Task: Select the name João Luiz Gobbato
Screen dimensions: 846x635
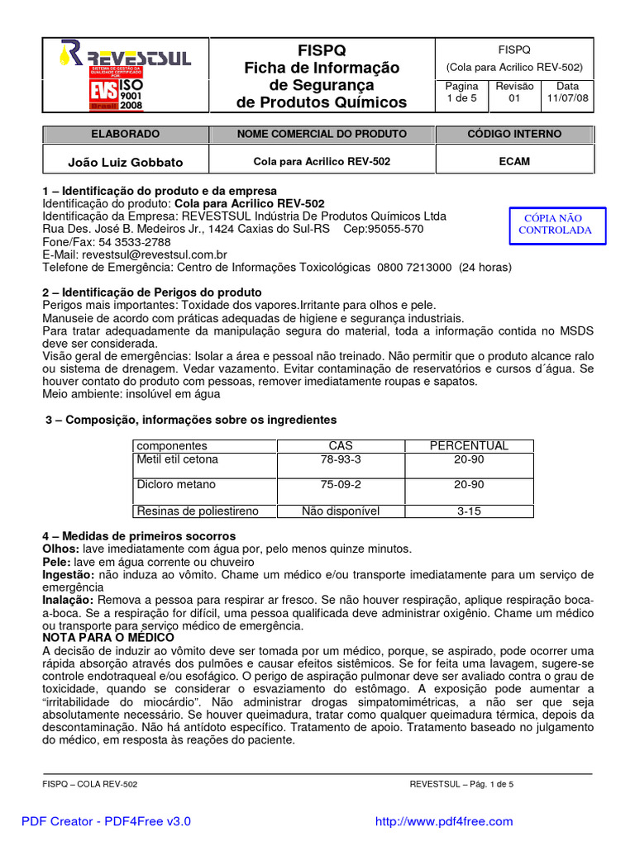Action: (x=125, y=162)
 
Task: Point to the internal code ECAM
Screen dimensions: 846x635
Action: (x=514, y=162)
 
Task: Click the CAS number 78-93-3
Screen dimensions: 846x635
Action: (x=341, y=459)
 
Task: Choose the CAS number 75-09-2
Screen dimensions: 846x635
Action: (x=341, y=485)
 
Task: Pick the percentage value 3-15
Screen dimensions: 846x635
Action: (x=469, y=511)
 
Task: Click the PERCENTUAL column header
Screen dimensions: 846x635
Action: (x=469, y=446)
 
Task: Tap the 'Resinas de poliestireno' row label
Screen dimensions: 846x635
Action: (x=198, y=511)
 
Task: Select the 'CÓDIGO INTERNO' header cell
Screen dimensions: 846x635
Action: (x=514, y=134)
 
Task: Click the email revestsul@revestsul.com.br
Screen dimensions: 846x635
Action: (x=135, y=255)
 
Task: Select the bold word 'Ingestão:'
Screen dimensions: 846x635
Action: (x=69, y=574)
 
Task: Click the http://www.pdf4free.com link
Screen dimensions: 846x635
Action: (x=444, y=821)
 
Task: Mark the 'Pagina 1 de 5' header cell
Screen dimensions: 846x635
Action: (x=461, y=93)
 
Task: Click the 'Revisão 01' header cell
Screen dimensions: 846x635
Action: (x=514, y=93)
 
